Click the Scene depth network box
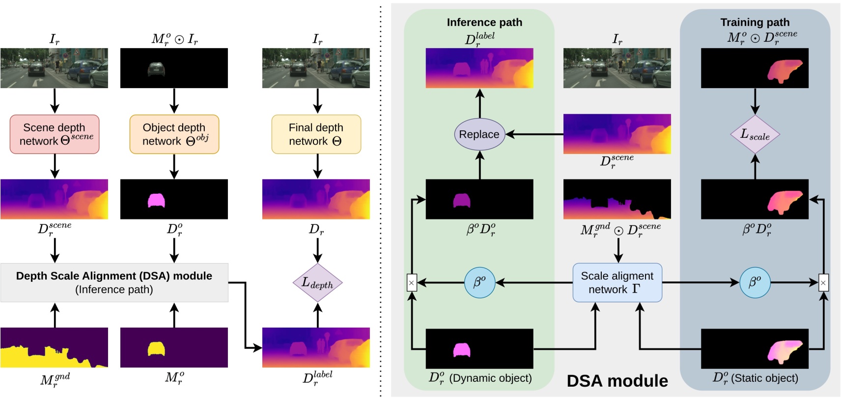55,134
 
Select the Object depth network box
174,134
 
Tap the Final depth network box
316,134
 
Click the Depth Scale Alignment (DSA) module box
114,282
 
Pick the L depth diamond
317,282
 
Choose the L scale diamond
755,134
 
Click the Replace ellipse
480,134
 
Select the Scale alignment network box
617,282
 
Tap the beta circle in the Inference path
480,282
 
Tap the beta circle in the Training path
755,282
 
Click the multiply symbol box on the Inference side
412,282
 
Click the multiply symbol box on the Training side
823,282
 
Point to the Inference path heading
484,22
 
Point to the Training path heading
755,22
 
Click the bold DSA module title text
617,381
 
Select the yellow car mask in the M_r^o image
156,349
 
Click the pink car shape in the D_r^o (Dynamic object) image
461,350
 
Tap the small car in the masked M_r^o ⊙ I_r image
156,69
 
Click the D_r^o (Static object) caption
755,378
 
